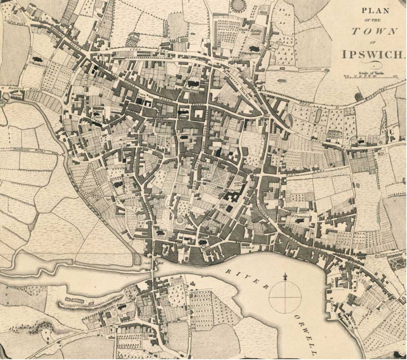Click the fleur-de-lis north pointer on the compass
tap(285, 277)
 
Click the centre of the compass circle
tap(285, 297)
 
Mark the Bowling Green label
tap(257, 32)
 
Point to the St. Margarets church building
tap(254, 48)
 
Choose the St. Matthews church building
tap(36, 58)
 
